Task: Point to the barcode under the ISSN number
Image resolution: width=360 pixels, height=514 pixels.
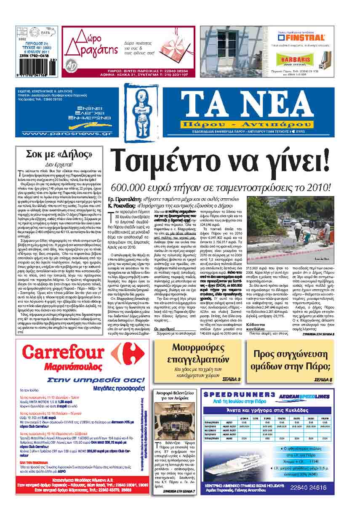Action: (34, 67)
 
